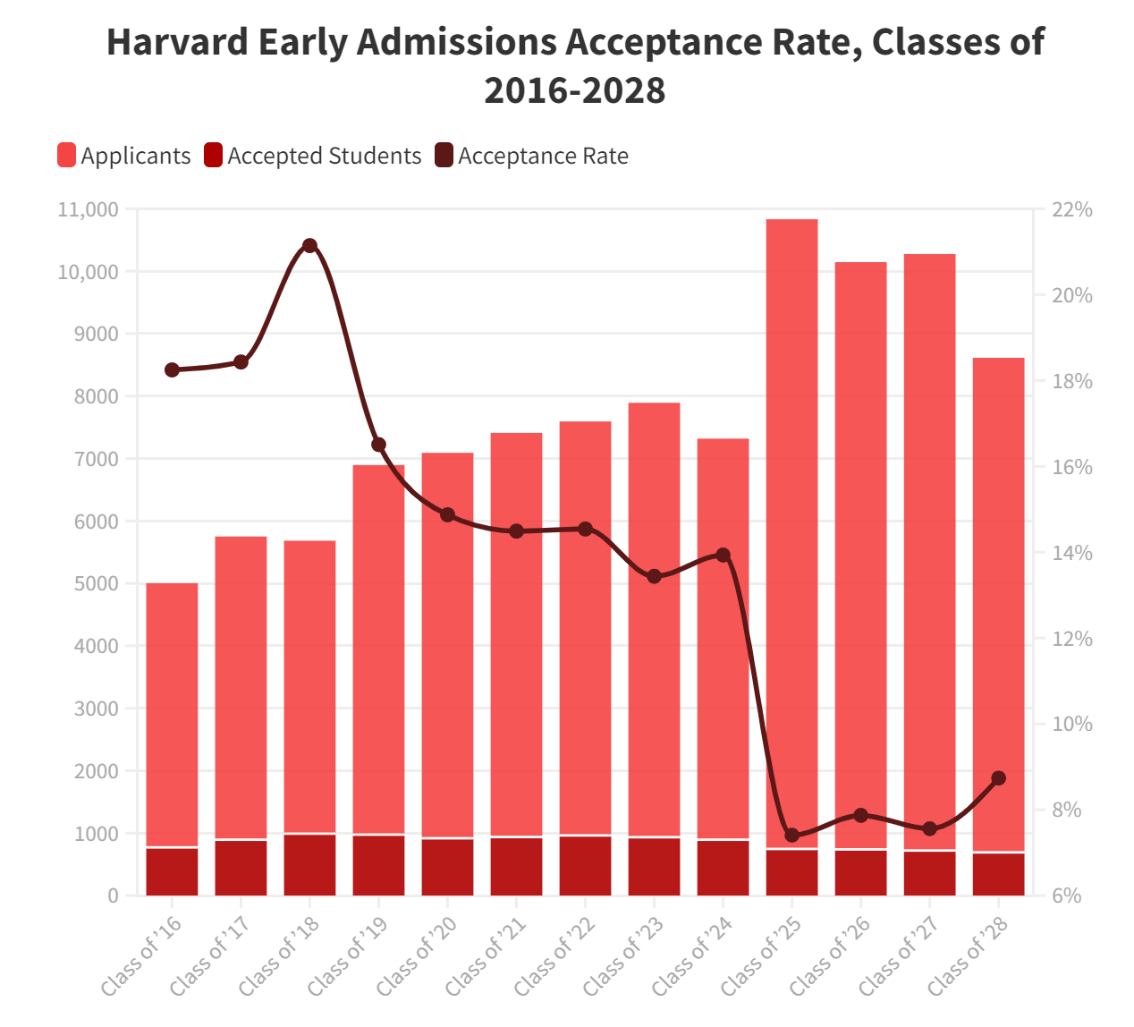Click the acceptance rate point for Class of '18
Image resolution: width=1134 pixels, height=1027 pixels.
pos(309,246)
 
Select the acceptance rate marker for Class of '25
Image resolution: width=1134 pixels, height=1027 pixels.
pos(791,835)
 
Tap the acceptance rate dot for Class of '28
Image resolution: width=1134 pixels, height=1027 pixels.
pos(999,778)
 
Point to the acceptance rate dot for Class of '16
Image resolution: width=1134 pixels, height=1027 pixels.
pos(173,370)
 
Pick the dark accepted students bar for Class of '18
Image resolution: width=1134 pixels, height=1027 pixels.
pos(309,864)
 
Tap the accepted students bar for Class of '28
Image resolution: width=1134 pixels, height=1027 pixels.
pos(999,874)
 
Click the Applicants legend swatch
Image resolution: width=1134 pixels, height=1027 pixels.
pos(66,156)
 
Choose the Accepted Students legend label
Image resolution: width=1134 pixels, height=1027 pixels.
pos(324,156)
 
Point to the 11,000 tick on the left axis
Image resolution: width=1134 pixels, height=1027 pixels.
pos(88,210)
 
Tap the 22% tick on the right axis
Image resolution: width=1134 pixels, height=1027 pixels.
pos(1071,210)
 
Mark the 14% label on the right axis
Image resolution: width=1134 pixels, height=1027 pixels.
pos(1071,553)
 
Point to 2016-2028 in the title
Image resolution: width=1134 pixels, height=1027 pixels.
pos(575,90)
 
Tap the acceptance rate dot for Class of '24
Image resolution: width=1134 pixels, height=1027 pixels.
pos(724,556)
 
